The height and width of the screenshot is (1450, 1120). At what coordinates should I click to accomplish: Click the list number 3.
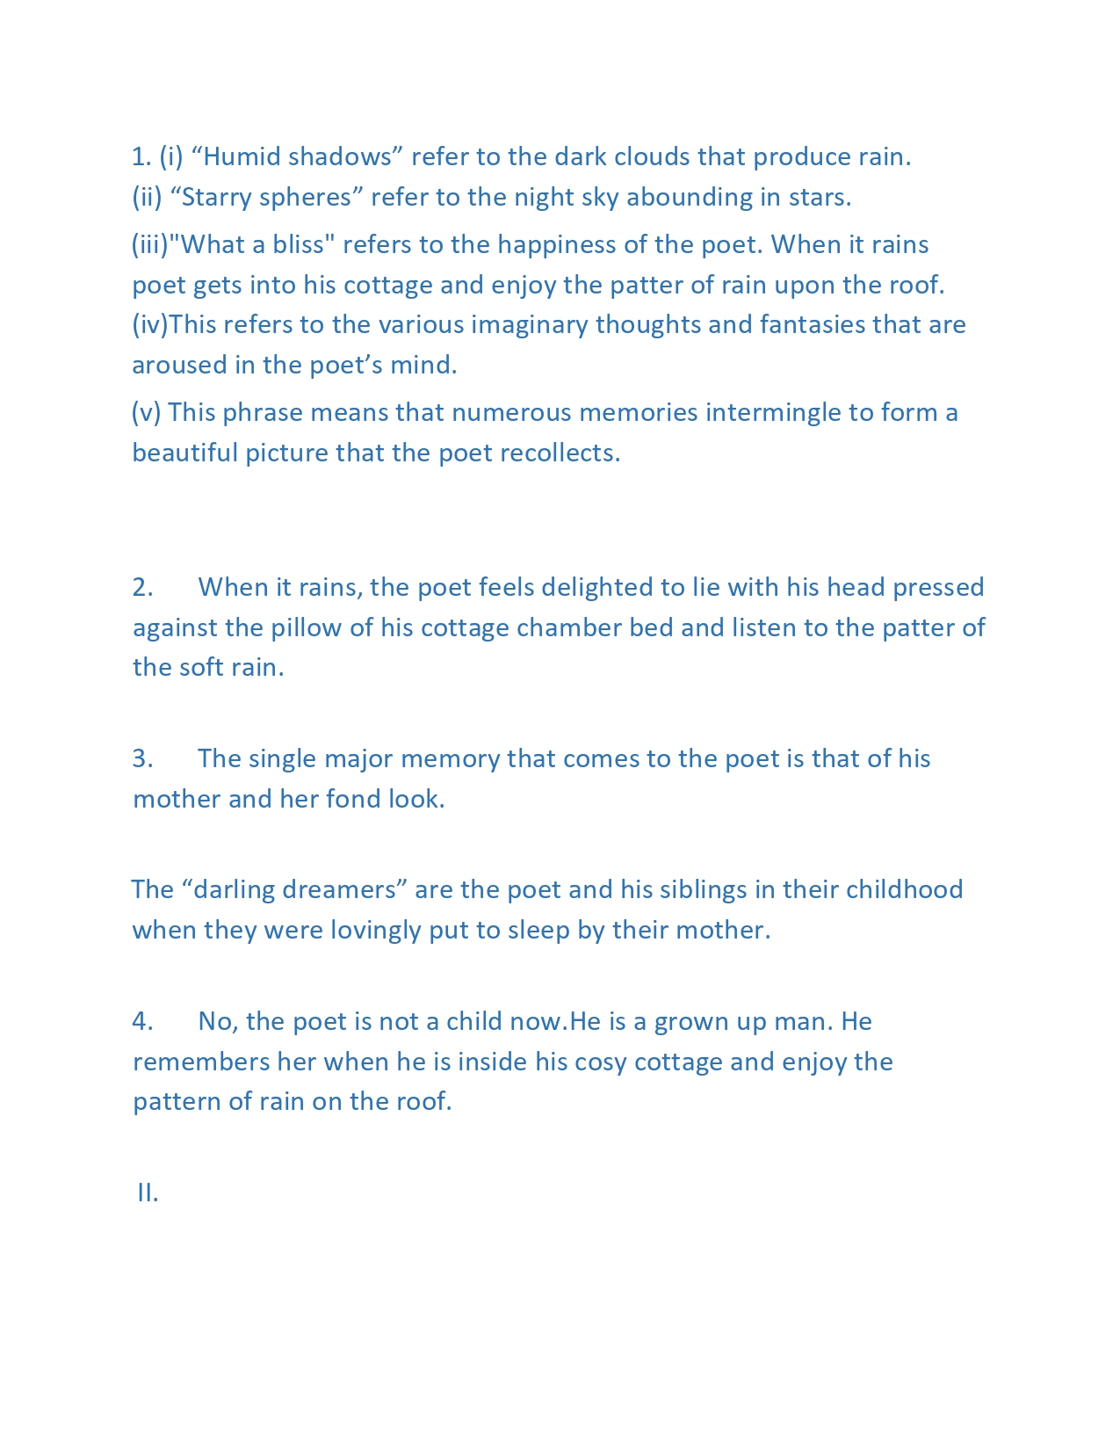142,758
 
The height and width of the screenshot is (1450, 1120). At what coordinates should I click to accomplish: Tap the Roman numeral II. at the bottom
148,1193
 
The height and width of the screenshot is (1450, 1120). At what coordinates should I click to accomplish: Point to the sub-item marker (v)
146,412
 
